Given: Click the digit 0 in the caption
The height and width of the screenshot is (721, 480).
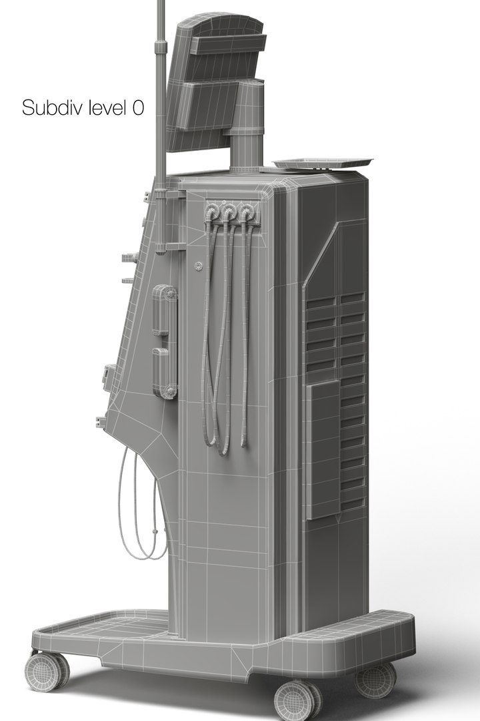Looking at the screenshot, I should click(x=137, y=108).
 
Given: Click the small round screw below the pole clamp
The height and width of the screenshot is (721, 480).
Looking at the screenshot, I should click(x=198, y=266).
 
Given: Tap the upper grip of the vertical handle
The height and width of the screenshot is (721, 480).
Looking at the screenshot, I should click(x=161, y=310).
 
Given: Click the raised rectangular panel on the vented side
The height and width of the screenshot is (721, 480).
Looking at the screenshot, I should click(x=324, y=451).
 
